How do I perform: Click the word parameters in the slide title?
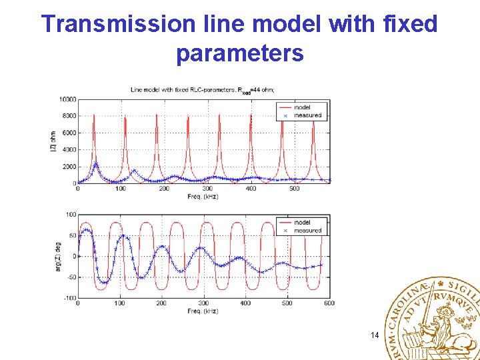point(240,53)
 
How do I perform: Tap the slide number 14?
point(374,335)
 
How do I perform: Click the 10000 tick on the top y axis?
point(67,99)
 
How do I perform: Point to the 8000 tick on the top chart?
point(69,116)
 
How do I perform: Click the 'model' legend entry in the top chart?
point(301,107)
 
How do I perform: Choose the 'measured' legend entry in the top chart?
point(307,115)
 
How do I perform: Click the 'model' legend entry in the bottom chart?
point(301,222)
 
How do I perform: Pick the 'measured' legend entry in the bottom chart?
point(307,231)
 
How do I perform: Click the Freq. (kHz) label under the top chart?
point(203,197)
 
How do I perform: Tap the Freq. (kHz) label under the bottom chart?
point(203,311)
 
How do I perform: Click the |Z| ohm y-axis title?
point(53,141)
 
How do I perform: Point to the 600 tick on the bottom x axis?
point(329,304)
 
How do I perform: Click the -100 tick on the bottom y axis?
point(69,298)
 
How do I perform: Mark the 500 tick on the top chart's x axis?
point(294,189)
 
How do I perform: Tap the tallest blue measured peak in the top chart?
point(95,163)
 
